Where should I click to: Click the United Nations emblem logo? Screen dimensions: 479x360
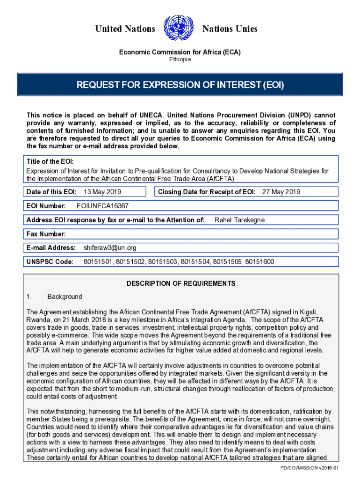point(179,29)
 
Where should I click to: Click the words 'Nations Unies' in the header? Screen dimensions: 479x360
point(230,29)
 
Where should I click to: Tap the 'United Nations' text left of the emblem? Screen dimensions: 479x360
point(125,29)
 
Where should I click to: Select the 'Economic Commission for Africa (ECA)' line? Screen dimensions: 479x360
point(180,52)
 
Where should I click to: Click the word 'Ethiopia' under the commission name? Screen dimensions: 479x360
point(180,59)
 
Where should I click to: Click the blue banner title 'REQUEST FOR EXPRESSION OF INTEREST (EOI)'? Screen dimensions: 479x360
point(180,85)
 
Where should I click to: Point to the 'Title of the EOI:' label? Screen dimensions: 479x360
point(50,161)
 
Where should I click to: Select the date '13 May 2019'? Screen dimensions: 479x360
point(102,192)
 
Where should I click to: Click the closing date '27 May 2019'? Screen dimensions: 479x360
point(281,192)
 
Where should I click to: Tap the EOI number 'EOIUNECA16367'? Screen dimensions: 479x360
point(102,206)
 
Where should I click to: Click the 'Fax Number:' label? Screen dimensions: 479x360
point(46,234)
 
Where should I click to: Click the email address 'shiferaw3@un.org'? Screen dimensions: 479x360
point(110,247)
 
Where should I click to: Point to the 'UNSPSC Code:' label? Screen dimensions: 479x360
point(50,261)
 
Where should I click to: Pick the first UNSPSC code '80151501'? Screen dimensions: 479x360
point(98,261)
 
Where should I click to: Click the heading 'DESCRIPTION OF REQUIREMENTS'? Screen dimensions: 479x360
point(181,283)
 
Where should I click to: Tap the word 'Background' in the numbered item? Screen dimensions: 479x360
point(65,297)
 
